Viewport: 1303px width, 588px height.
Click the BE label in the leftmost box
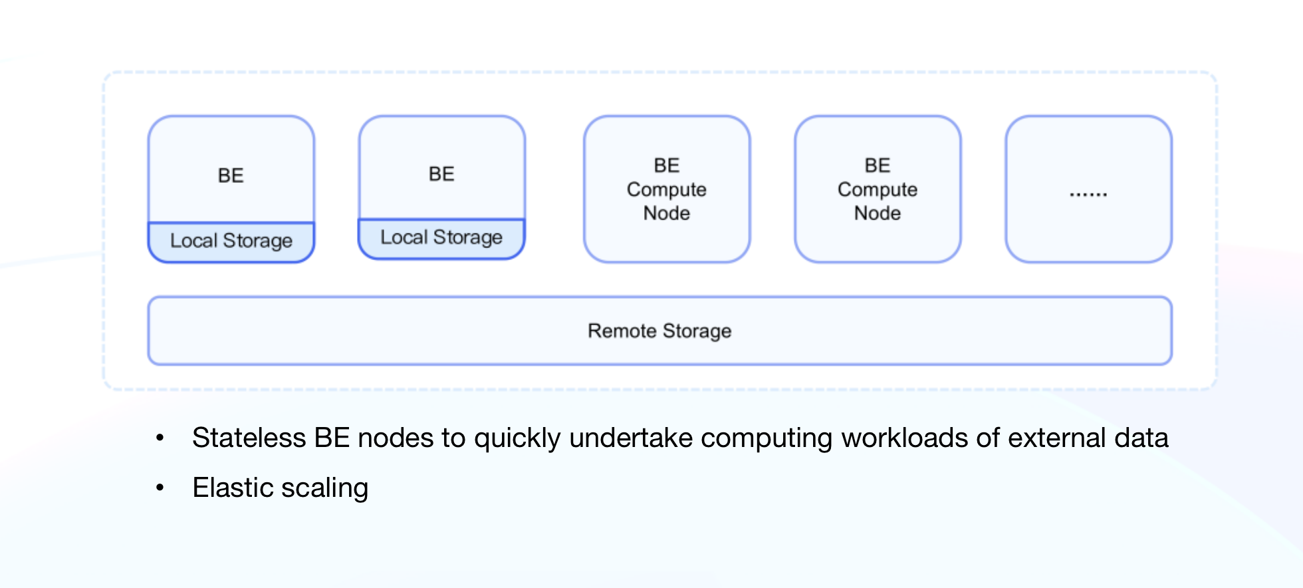tap(231, 176)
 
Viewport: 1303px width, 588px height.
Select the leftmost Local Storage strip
tap(231, 241)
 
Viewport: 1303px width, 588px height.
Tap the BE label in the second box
tap(441, 174)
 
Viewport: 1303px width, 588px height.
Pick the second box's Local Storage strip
tap(441, 237)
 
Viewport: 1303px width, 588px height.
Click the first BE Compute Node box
tap(667, 190)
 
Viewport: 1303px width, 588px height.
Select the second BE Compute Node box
tap(878, 190)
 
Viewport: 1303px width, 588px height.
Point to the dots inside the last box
tap(1088, 194)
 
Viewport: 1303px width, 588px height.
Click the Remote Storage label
tap(659, 331)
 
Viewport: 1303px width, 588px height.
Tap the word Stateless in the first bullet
tap(249, 438)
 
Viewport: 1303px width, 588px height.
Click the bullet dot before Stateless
tap(160, 438)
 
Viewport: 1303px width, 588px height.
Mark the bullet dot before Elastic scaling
tap(160, 488)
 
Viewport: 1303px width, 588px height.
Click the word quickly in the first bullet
tap(517, 438)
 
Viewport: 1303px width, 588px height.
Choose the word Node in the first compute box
tap(667, 214)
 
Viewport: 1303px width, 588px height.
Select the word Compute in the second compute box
tap(878, 190)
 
